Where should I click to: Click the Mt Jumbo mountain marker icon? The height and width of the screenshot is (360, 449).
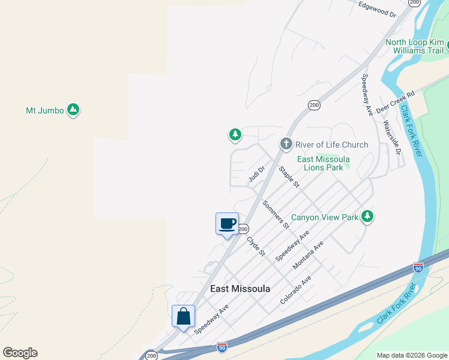coord(73,110)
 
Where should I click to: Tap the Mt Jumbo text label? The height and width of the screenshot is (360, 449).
coord(44,110)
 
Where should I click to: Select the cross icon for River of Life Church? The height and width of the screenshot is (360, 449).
coord(286,144)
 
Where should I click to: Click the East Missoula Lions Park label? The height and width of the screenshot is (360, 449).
coord(324,163)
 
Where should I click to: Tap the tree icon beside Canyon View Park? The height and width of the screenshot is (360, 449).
coord(367,217)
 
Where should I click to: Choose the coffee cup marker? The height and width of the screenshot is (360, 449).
coord(227,224)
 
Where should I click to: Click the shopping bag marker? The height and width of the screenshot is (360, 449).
coord(183,316)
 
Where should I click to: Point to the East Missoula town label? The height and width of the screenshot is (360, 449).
coord(240,289)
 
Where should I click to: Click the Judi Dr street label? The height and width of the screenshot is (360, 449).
coord(256,174)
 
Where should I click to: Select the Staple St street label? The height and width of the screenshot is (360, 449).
coord(289,177)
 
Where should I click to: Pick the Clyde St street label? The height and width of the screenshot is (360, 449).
coord(256,245)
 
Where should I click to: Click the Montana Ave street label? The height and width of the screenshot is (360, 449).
coord(308,254)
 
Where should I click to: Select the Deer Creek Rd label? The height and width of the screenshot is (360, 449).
coord(396,102)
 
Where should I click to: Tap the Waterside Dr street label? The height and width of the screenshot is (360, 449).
coord(391,136)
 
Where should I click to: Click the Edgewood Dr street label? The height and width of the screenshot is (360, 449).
coord(378,10)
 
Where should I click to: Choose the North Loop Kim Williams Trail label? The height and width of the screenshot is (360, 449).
coord(414,46)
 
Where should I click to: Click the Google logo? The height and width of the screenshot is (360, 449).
coord(20,353)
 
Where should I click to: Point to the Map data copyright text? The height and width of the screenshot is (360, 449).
coord(412,355)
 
